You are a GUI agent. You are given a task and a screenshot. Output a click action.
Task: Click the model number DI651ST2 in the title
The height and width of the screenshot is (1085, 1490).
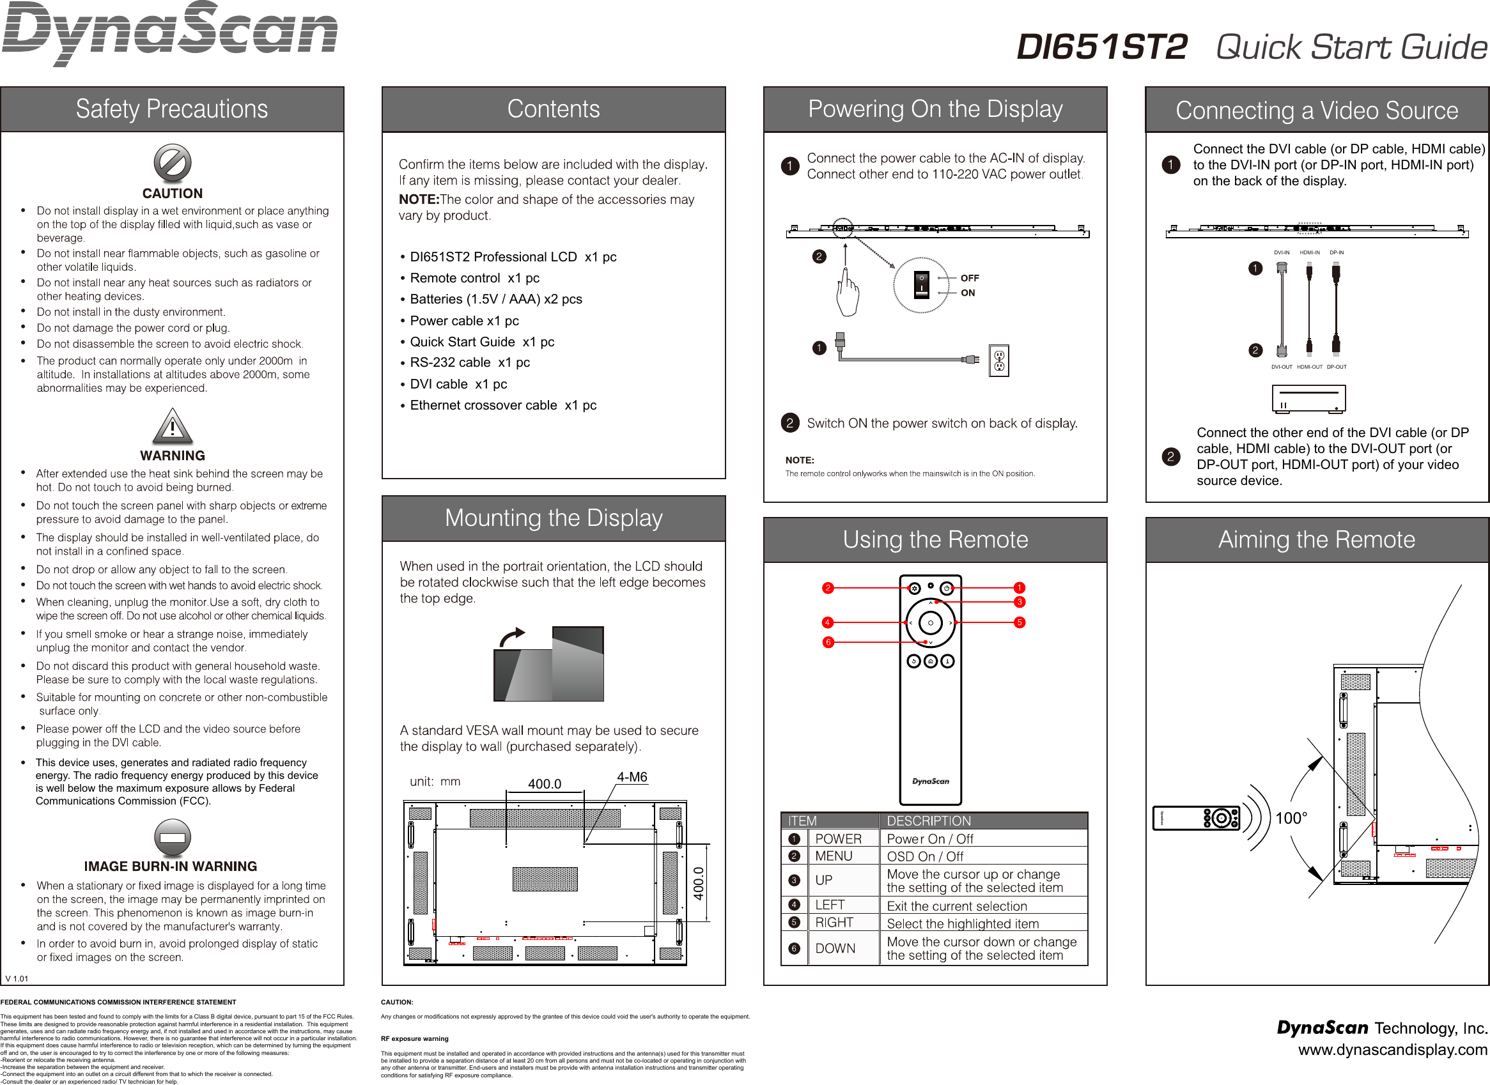1102,47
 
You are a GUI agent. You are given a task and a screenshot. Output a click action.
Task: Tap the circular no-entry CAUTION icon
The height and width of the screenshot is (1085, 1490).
172,163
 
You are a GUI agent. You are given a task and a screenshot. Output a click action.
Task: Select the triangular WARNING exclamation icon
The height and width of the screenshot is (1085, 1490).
172,426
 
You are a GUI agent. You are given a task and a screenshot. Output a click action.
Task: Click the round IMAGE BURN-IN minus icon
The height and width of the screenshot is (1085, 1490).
172,838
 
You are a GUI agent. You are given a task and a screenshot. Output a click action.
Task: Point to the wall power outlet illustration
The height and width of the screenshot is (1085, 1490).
998,360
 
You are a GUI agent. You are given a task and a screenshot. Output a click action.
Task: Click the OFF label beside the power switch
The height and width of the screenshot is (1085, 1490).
969,278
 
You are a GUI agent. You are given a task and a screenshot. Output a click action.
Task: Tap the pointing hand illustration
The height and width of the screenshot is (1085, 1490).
848,294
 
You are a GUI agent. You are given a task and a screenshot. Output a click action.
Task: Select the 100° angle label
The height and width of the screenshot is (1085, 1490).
1291,819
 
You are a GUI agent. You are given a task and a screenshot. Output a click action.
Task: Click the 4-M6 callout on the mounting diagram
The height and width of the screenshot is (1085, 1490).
632,777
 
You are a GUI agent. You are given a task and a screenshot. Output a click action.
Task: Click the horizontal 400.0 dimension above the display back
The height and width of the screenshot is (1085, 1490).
545,783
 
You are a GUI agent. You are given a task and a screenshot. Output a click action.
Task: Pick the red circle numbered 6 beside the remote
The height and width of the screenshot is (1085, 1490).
828,642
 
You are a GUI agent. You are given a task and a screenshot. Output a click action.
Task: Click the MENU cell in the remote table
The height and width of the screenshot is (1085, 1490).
834,856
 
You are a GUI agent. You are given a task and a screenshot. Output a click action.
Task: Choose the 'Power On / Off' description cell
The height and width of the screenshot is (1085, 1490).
929,839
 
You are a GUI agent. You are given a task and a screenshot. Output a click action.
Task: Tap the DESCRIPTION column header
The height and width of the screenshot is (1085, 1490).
928,821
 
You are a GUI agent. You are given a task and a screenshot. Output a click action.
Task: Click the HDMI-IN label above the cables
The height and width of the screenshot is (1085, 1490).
1309,252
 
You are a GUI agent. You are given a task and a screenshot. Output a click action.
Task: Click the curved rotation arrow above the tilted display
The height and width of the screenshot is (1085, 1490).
512,636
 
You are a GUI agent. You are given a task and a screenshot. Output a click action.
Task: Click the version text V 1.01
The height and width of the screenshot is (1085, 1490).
17,978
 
